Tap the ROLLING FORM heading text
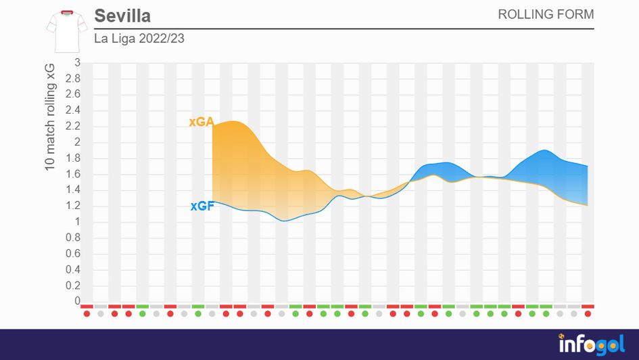click(x=546, y=14)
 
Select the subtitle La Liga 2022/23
click(x=139, y=39)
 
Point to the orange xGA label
click(x=201, y=122)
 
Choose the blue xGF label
click(x=202, y=206)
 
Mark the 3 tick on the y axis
click(x=77, y=63)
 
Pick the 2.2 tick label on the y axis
click(x=72, y=127)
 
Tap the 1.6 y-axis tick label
click(x=72, y=174)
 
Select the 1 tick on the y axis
click(x=77, y=222)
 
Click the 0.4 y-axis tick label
click(x=72, y=269)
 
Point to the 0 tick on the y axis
click(x=77, y=301)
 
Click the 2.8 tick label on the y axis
click(x=72, y=79)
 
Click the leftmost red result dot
click(x=87, y=314)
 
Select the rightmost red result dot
click(x=588, y=314)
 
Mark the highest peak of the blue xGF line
click(x=544, y=150)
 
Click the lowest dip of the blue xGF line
click(x=285, y=221)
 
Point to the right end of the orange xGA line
click(x=587, y=205)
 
